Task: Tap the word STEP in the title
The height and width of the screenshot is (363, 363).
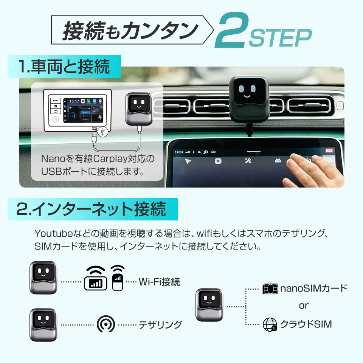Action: pyautogui.click(x=281, y=37)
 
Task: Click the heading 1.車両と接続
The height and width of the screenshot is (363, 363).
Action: pyautogui.click(x=64, y=67)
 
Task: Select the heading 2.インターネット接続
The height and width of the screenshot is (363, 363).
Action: pyautogui.click(x=91, y=209)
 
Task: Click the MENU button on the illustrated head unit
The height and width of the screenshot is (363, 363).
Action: pyautogui.click(x=56, y=101)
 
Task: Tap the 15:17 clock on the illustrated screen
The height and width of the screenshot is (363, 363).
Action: pyautogui.click(x=74, y=101)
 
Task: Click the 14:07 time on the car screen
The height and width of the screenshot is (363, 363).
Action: pyautogui.click(x=179, y=152)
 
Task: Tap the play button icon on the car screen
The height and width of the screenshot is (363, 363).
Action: pyautogui.click(x=218, y=161)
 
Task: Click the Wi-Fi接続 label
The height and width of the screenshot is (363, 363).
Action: pyautogui.click(x=159, y=282)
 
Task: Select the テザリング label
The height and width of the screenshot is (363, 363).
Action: pyautogui.click(x=160, y=325)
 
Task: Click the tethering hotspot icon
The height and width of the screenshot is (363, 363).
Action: pyautogui.click(x=105, y=324)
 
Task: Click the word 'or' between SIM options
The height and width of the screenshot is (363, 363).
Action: pyautogui.click(x=303, y=306)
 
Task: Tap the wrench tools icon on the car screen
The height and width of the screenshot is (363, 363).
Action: pyautogui.click(x=248, y=161)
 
